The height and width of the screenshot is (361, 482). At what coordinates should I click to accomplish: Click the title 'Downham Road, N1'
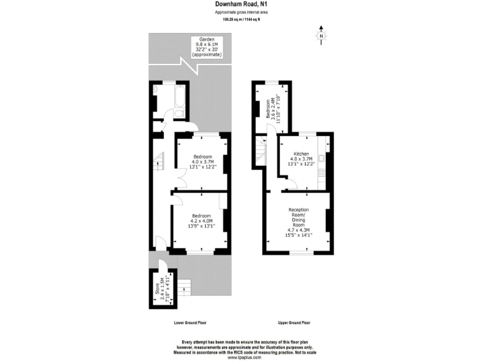point(240,4)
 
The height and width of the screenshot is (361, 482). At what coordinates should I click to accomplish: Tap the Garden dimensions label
point(206,47)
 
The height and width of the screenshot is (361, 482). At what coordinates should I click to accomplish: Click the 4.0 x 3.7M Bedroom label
point(203,162)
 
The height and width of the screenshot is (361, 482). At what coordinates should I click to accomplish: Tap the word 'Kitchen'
point(301,154)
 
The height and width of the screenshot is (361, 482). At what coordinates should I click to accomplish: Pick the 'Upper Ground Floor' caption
point(294,323)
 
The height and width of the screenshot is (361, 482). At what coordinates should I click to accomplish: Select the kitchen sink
point(321,157)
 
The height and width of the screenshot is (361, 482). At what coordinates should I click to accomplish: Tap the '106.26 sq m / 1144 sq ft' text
point(240,19)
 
